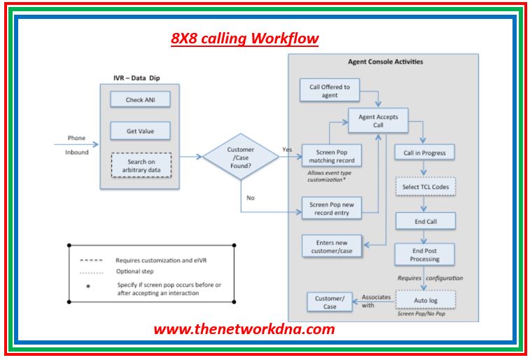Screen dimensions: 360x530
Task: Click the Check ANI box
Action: tap(140, 99)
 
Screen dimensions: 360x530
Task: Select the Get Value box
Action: tap(140, 131)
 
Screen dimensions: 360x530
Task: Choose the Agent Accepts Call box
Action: tap(378, 120)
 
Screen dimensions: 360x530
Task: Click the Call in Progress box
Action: tap(424, 153)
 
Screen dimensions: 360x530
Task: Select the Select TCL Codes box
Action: tap(425, 187)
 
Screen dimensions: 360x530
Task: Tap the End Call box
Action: tap(425, 221)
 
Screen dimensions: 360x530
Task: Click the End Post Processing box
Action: tap(425, 254)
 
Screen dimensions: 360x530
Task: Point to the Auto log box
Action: tap(425, 300)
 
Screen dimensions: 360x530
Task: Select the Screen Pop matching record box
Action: tap(331, 155)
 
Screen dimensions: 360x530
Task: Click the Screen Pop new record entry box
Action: tap(331, 208)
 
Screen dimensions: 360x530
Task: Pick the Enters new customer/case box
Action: tap(331, 246)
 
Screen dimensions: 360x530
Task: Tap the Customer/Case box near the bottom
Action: tap(330, 302)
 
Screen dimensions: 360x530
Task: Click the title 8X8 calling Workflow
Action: tap(244, 39)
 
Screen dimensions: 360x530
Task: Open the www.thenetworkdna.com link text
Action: tap(244, 329)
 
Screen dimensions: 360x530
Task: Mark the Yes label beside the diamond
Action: tap(287, 149)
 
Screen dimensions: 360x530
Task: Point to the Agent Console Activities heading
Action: tap(385, 62)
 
